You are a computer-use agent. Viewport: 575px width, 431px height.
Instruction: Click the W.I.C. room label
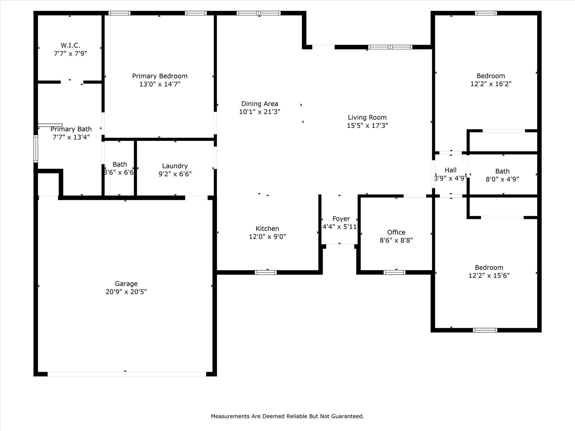70,45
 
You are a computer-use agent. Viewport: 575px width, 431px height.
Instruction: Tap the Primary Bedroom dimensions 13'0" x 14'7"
160,84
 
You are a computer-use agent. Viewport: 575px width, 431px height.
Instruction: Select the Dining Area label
260,104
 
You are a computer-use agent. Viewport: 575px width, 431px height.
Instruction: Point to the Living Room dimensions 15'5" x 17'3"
367,125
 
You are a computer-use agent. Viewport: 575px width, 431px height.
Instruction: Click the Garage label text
126,284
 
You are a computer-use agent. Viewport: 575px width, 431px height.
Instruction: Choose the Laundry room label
175,166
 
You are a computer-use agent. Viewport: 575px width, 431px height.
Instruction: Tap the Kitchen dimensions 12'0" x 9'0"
267,237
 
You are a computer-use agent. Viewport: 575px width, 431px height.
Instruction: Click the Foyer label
341,219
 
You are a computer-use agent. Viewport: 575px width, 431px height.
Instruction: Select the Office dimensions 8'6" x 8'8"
396,240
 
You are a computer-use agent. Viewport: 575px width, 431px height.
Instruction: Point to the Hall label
451,170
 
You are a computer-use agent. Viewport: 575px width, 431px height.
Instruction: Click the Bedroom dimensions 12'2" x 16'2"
491,84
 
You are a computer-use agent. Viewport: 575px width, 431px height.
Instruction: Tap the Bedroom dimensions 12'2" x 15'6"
489,275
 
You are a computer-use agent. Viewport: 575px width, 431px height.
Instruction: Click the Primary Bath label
71,129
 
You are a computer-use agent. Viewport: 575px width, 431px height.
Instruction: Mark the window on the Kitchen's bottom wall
266,272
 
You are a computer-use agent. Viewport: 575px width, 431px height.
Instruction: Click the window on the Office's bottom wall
394,272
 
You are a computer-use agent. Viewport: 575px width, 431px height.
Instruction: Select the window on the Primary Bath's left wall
36,149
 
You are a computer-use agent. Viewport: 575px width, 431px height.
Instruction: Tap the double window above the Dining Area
258,13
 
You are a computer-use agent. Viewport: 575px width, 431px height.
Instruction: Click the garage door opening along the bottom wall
127,374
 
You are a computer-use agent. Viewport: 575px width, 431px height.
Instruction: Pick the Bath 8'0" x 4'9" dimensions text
502,179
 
